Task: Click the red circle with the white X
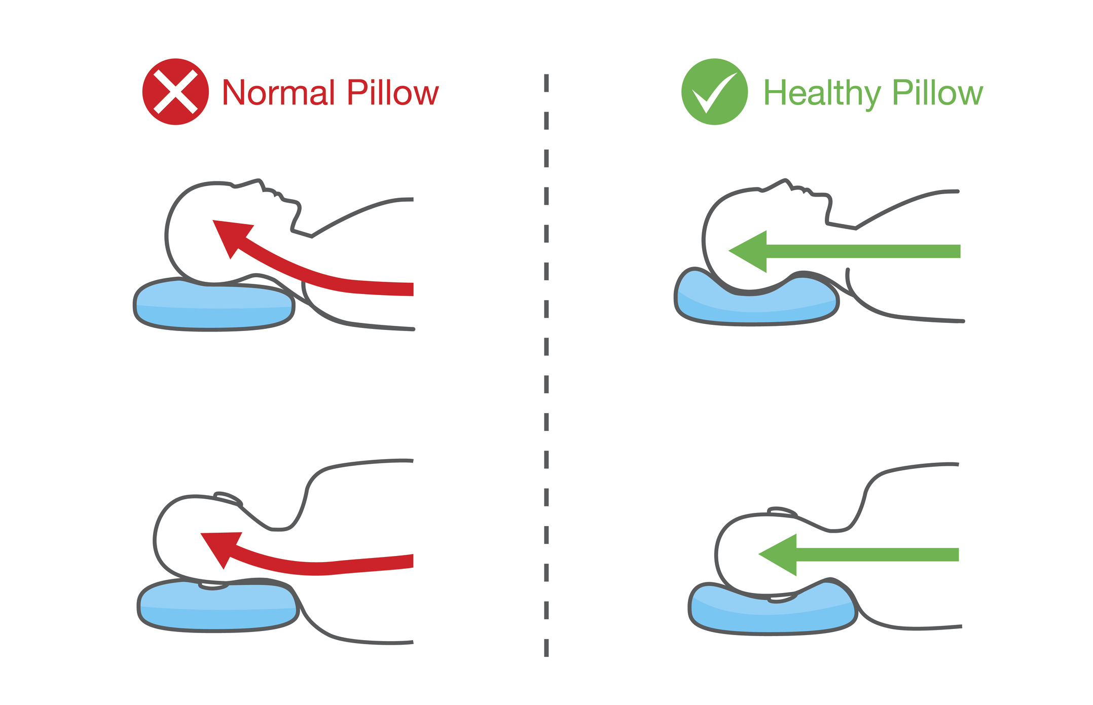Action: [175, 92]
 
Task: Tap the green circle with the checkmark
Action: [714, 92]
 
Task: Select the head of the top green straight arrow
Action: [748, 251]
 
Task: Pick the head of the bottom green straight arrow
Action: [778, 555]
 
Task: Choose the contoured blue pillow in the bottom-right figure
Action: [773, 608]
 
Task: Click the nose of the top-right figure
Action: [786, 183]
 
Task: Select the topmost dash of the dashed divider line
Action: [546, 83]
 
